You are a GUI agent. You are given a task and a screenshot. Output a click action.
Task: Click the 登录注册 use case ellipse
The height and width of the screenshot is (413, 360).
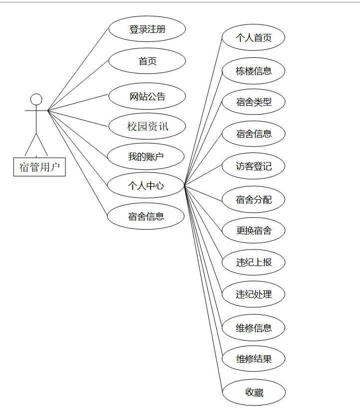(x=147, y=29)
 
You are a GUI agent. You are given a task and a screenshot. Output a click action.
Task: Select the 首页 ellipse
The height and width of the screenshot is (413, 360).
(x=147, y=61)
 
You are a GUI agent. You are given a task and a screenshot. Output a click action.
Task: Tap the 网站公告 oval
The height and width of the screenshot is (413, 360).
(x=147, y=97)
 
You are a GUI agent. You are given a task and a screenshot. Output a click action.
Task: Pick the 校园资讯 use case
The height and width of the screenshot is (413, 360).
(x=147, y=127)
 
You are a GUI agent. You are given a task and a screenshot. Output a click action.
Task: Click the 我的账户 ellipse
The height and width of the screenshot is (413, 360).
(x=146, y=157)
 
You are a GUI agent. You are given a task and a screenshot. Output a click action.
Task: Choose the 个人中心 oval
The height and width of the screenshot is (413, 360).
(x=146, y=186)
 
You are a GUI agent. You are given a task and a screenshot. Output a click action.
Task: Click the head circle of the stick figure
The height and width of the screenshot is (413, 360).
(x=36, y=99)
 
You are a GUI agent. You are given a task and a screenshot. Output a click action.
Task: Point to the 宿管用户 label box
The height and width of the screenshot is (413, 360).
(x=39, y=167)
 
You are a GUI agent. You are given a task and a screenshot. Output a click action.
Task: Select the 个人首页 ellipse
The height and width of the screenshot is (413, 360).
(x=253, y=38)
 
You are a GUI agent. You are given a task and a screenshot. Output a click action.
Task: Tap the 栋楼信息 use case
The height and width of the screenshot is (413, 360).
(x=253, y=71)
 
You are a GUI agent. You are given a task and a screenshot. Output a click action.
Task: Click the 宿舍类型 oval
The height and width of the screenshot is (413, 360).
(x=253, y=102)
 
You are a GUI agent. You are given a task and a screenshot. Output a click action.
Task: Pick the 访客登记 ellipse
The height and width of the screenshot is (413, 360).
(x=253, y=166)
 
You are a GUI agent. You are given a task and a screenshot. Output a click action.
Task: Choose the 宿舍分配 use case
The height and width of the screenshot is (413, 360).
(x=253, y=200)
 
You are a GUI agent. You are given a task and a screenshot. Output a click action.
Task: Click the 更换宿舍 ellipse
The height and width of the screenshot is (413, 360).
(x=253, y=231)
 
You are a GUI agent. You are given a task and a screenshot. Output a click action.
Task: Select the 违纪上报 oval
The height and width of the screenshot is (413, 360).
(x=253, y=262)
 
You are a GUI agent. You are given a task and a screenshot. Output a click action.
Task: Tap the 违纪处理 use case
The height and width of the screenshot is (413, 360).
(x=253, y=294)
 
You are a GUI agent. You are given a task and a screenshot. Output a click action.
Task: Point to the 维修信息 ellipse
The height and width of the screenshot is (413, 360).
(x=253, y=328)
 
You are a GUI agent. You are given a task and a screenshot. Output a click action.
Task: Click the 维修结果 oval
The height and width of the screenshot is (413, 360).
(x=253, y=359)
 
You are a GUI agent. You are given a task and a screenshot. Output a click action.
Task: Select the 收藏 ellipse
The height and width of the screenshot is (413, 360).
(x=253, y=393)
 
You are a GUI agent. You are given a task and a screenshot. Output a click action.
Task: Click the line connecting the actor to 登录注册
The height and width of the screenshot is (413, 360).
(x=78, y=70)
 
